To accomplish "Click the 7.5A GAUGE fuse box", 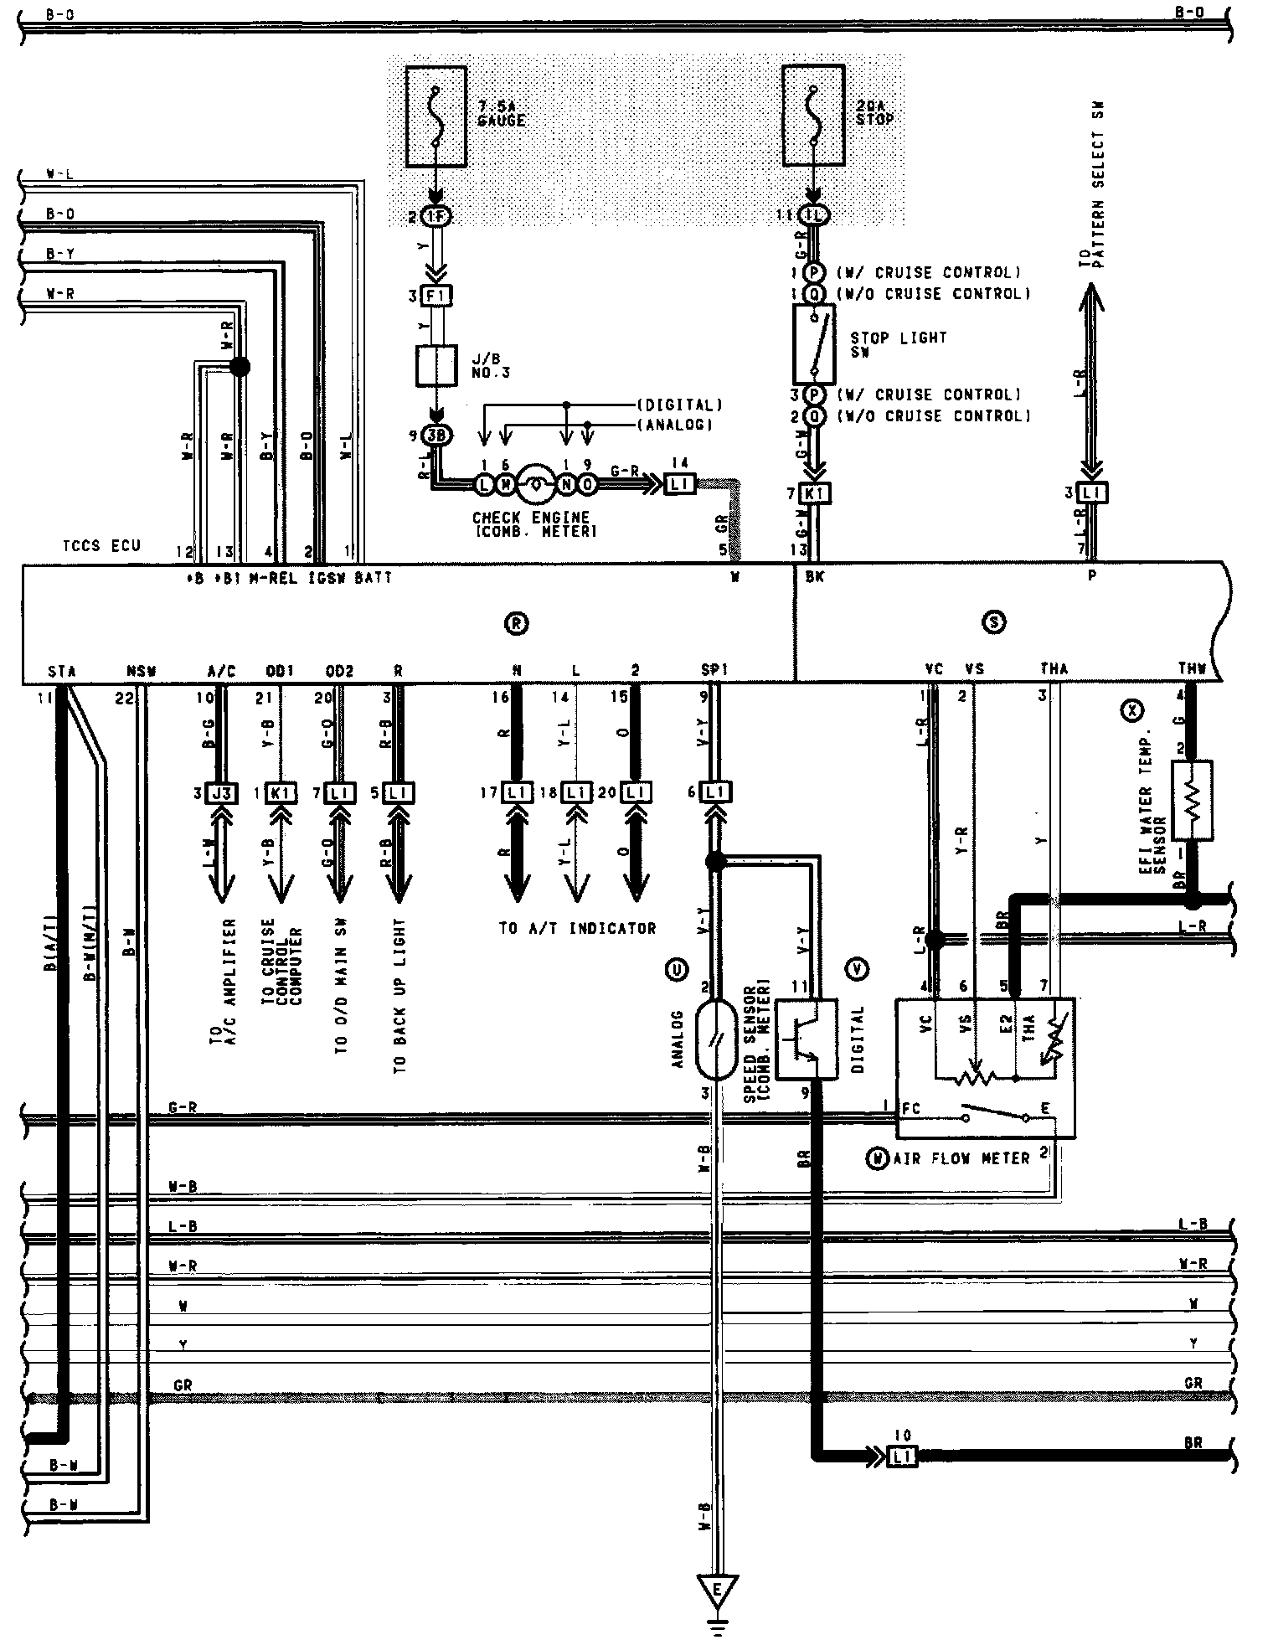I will coord(436,116).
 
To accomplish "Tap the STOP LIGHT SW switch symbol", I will coord(813,343).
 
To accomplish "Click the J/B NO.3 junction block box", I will coord(436,365).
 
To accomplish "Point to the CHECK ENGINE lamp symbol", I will coord(534,483).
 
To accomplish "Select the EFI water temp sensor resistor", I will coord(1192,800).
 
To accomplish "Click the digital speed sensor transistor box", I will coord(807,1039).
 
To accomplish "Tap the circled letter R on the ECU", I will coord(517,622).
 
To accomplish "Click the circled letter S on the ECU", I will coord(995,622).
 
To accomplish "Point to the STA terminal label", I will coord(60,671).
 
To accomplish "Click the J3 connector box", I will coord(220,792).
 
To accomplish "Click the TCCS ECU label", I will coord(100,546).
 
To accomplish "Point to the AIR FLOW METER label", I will coord(961,1158).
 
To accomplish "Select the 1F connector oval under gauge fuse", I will coord(436,216).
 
